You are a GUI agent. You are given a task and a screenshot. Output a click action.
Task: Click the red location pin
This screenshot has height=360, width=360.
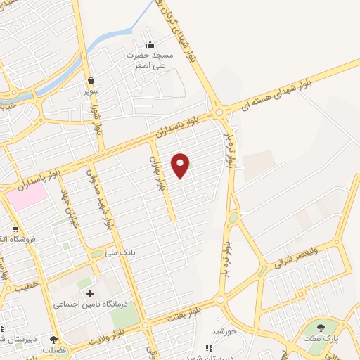181,164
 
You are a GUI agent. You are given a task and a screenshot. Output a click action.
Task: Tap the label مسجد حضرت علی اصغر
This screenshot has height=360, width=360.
150,59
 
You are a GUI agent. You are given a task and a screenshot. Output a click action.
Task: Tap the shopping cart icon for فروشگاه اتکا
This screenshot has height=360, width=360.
15,229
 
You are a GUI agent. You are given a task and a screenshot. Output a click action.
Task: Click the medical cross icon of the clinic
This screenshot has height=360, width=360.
89,293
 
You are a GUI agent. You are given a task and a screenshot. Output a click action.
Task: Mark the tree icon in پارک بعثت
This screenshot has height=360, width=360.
321,327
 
